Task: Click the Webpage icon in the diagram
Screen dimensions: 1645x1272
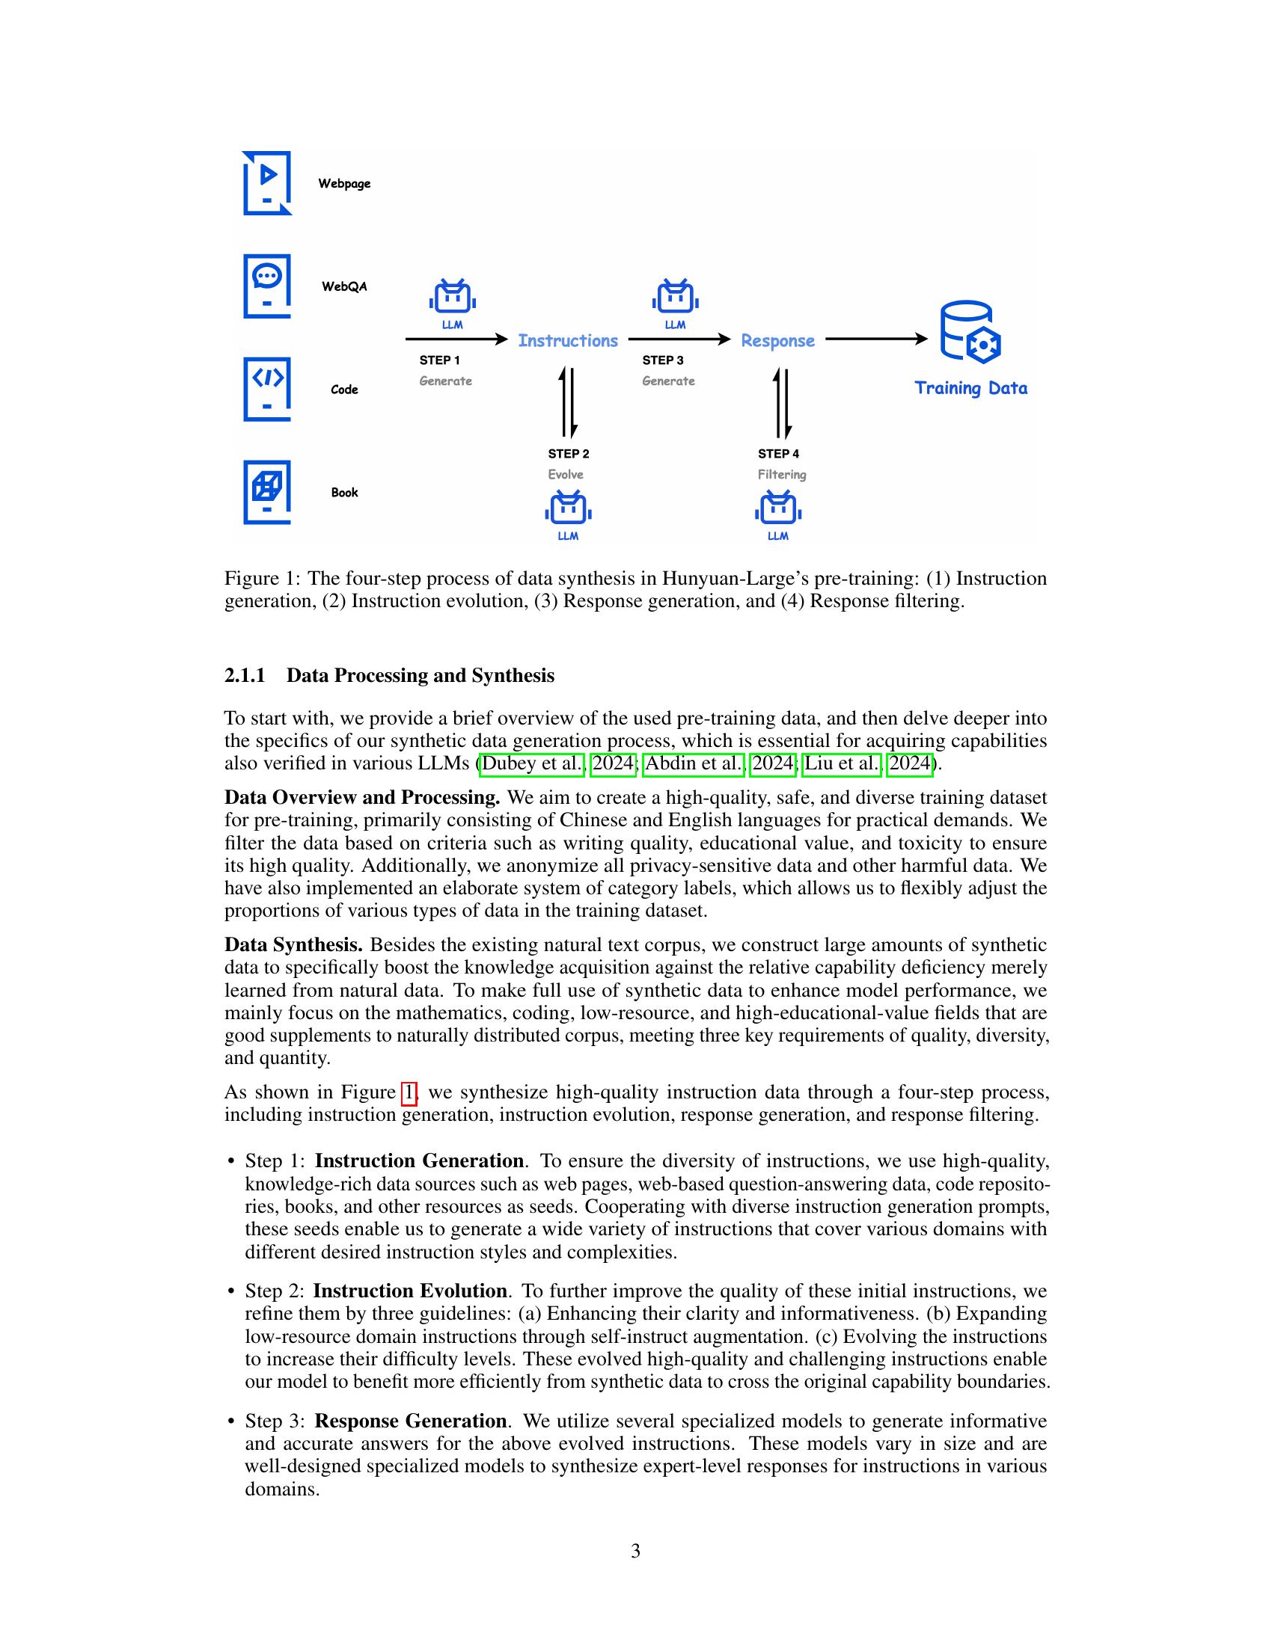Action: click(x=267, y=183)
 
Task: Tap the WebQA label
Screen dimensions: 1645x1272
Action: click(x=343, y=286)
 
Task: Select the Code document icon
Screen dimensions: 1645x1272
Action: click(x=267, y=389)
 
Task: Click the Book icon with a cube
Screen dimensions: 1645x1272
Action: click(x=267, y=491)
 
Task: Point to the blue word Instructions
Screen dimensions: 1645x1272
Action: click(x=567, y=340)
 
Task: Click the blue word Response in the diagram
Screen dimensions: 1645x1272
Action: click(x=777, y=340)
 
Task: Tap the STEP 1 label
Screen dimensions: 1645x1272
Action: click(x=439, y=360)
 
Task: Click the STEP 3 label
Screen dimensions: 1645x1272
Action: click(x=662, y=360)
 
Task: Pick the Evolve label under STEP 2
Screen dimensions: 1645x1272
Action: click(x=565, y=475)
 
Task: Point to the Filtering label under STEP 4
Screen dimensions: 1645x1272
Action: click(x=781, y=475)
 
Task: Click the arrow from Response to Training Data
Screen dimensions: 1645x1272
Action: click(x=876, y=339)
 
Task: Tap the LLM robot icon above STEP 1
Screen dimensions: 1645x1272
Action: click(x=452, y=297)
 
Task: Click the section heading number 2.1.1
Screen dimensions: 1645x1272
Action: click(x=245, y=675)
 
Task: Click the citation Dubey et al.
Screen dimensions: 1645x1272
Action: click(x=532, y=763)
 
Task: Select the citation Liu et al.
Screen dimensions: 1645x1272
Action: click(x=842, y=763)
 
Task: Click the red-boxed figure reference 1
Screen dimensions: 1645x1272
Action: click(x=409, y=1092)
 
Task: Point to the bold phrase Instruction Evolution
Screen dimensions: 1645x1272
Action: click(x=410, y=1291)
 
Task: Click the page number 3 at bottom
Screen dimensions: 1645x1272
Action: click(x=635, y=1551)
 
